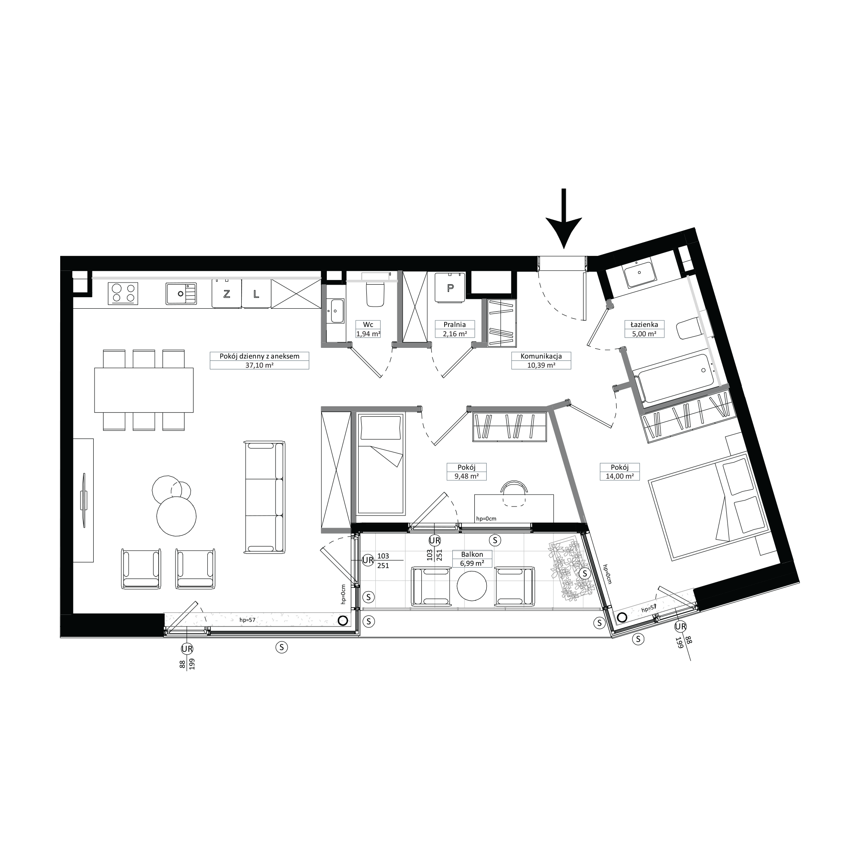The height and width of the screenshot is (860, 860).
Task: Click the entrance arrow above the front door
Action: (x=564, y=218)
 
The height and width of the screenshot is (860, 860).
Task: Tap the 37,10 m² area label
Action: (x=259, y=365)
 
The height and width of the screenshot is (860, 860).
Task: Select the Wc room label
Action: (x=368, y=325)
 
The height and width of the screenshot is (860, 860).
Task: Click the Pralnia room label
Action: (x=455, y=325)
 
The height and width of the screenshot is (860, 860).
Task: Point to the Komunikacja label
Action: (x=541, y=356)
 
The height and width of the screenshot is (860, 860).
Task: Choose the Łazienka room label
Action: (x=644, y=325)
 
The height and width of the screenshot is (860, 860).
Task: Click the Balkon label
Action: (x=472, y=555)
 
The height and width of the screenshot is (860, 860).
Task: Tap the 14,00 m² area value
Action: (x=620, y=476)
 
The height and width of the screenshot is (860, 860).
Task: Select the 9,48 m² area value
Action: (x=467, y=476)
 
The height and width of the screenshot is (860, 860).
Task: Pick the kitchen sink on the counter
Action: (x=181, y=293)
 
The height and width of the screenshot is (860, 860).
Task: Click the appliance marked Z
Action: (x=227, y=293)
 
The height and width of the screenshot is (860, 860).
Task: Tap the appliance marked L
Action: (x=256, y=293)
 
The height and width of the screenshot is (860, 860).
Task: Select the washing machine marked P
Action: (x=450, y=288)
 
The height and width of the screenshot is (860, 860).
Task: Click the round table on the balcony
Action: (x=472, y=586)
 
